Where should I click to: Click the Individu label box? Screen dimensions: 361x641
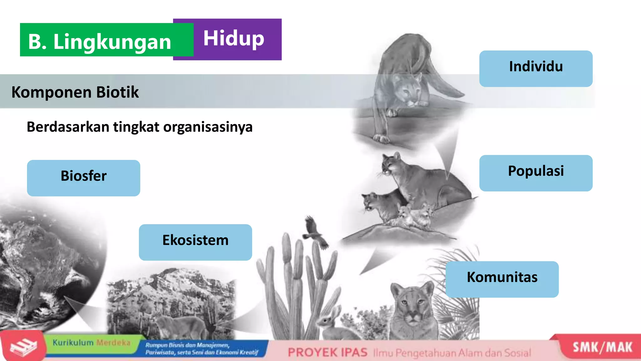point(536,69)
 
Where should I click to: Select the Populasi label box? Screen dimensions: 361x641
point(536,173)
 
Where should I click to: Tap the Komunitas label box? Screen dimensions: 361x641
point(502,279)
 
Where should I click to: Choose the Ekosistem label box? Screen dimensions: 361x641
point(195,242)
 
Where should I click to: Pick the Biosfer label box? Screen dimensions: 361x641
point(84,178)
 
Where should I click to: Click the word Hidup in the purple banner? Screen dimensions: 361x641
point(233,39)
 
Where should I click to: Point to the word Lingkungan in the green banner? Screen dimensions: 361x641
point(112,42)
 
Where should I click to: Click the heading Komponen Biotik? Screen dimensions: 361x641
point(75,92)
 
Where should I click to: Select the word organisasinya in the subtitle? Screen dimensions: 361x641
point(208,127)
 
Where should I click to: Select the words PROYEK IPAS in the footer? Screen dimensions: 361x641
point(327,353)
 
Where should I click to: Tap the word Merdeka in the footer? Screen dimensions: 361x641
point(113,343)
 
